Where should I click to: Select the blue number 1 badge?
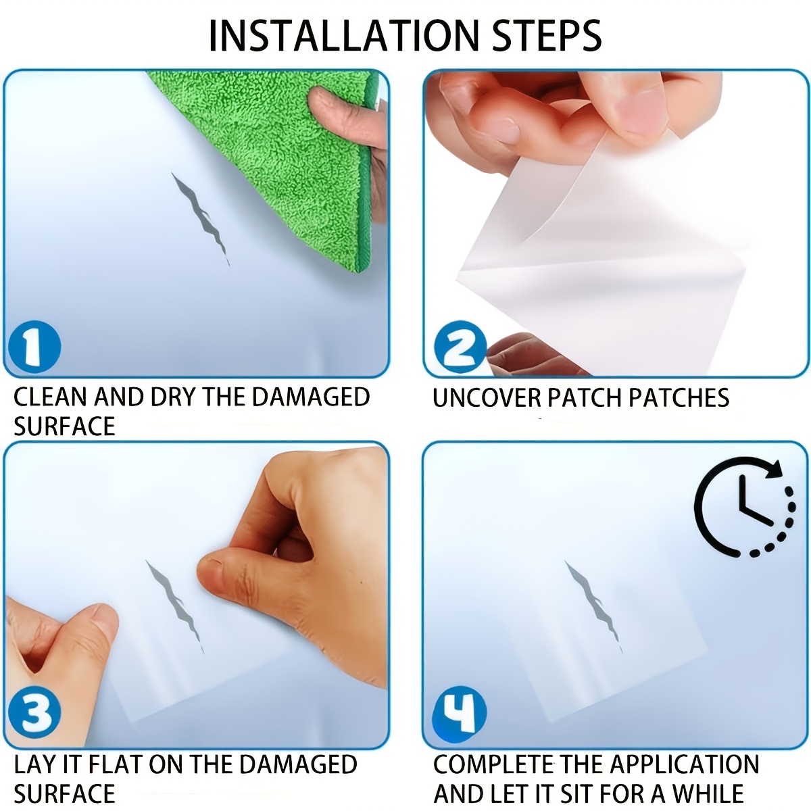34,347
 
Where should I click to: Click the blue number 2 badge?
460,347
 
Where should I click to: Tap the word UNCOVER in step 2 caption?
487,397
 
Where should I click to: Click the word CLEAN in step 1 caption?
51,397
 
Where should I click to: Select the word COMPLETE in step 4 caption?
493,764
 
